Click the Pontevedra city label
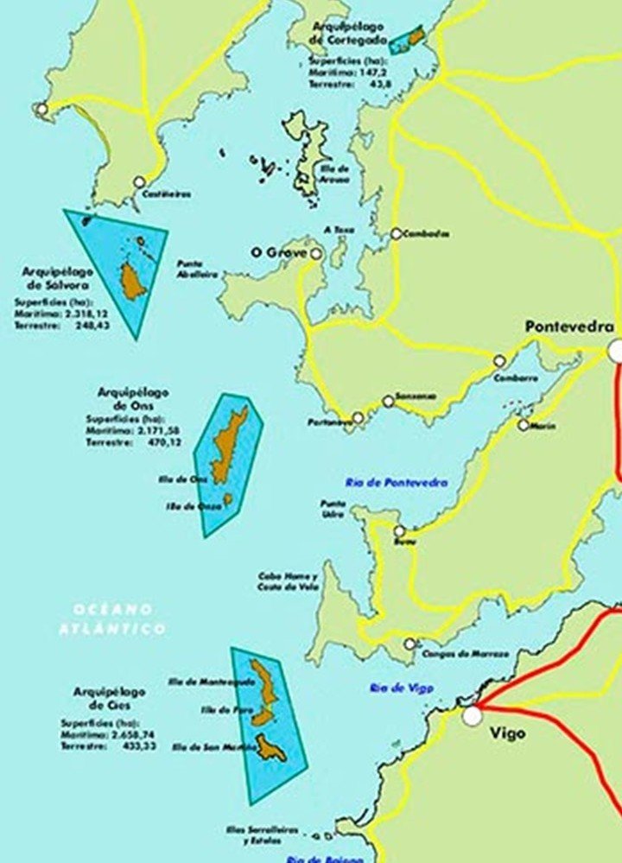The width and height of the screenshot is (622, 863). click(x=569, y=327)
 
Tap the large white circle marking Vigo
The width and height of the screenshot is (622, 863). click(x=472, y=716)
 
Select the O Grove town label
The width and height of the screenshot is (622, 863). click(x=278, y=252)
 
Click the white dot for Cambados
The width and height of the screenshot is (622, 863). click(x=396, y=233)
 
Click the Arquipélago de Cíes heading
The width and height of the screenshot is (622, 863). click(x=110, y=698)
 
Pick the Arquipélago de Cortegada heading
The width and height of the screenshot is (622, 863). click(x=349, y=33)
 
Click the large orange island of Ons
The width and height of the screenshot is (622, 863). click(x=227, y=445)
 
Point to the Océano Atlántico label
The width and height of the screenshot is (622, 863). click(x=112, y=619)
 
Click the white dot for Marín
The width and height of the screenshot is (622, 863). click(x=524, y=425)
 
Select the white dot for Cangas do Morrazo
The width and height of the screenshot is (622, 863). click(x=409, y=644)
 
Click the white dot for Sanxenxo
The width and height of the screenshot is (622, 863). click(x=388, y=402)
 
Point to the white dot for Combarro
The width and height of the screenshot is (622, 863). click(x=498, y=361)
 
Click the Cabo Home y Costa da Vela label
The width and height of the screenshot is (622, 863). click(x=288, y=581)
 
